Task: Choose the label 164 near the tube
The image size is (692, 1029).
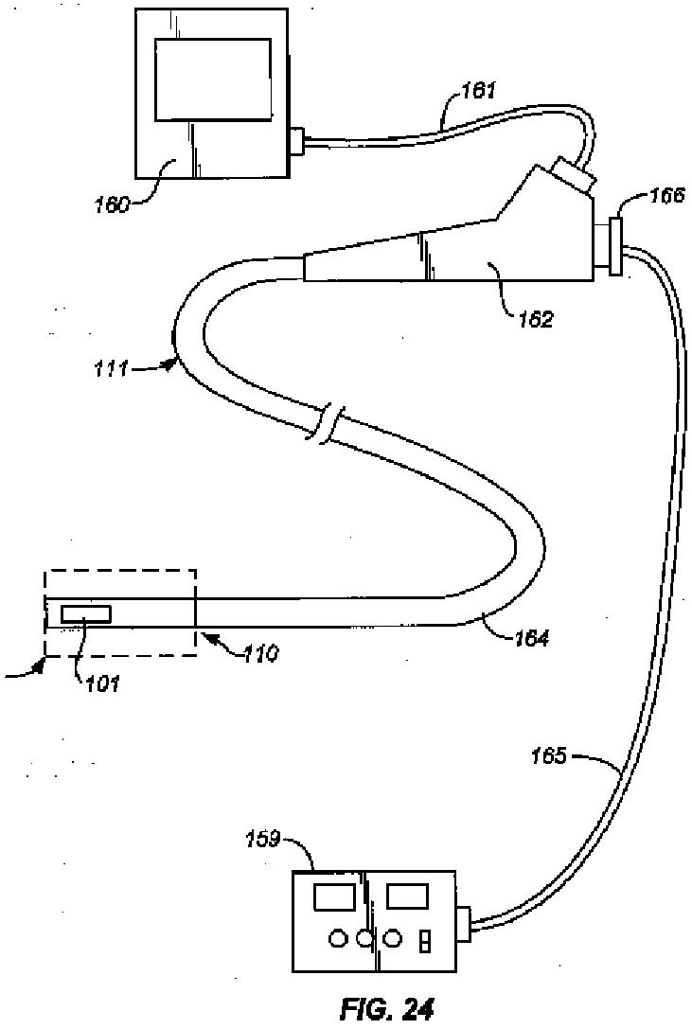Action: pos(531,638)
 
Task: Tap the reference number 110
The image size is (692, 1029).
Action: pos(257,652)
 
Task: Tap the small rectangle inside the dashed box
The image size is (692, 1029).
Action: pos(85,614)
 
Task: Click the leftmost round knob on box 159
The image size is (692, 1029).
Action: pos(336,939)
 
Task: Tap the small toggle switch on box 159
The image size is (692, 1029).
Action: pos(425,943)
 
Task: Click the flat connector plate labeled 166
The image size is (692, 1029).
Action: pos(615,247)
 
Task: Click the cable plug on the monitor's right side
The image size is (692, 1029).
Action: pos(298,142)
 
